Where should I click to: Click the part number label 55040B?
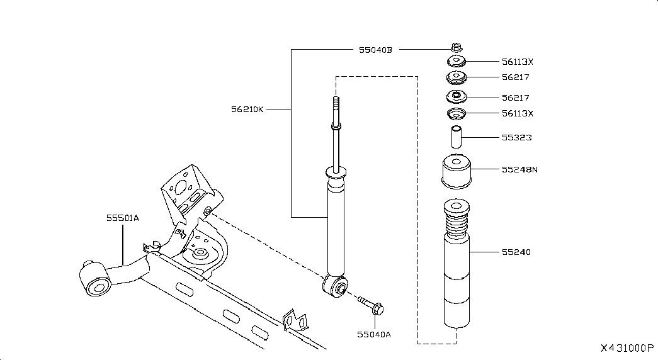click(x=375, y=50)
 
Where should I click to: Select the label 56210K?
click(x=247, y=110)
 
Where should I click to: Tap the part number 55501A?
click(x=122, y=218)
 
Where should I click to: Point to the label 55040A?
click(x=374, y=334)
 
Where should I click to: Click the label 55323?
click(x=516, y=138)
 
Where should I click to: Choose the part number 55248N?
click(x=519, y=169)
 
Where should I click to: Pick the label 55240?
click(x=516, y=252)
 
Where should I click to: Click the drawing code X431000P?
click(x=627, y=348)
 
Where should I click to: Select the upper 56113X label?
click(x=518, y=62)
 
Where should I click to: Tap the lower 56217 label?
click(x=515, y=98)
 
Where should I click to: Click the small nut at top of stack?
click(x=457, y=47)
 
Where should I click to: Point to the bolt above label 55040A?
click(x=371, y=305)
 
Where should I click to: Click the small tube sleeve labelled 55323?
click(x=456, y=137)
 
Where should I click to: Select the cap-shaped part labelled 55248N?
click(x=457, y=172)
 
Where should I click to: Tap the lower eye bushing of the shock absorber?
click(x=335, y=286)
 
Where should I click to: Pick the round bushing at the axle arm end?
click(x=94, y=279)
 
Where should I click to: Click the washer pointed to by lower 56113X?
click(x=456, y=113)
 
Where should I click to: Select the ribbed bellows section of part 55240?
click(x=457, y=227)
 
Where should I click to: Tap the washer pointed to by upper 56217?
click(x=456, y=77)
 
